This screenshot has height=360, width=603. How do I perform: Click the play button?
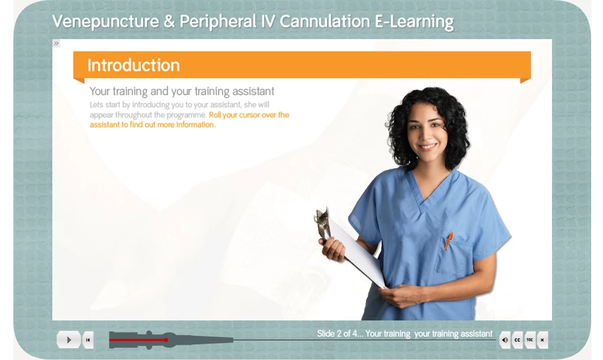(68, 340)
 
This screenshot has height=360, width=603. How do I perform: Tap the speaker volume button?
(505, 340)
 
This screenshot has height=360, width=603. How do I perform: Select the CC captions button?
(517, 340)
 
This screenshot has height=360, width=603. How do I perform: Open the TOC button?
(530, 340)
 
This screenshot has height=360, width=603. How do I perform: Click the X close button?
(542, 340)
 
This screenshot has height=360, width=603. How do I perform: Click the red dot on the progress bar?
(166, 340)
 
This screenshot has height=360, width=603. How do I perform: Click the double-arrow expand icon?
(56, 43)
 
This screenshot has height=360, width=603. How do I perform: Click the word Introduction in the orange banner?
(133, 66)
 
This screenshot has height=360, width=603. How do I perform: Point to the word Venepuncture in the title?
(105, 21)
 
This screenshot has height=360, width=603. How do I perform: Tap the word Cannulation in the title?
(324, 21)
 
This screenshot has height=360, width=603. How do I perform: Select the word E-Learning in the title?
(414, 22)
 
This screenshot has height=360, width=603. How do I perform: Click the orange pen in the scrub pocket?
(448, 241)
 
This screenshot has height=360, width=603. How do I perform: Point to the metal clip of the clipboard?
(324, 223)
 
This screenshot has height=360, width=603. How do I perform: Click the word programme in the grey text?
(186, 115)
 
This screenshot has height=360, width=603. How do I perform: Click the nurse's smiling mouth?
(428, 147)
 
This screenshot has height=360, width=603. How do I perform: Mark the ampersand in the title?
(170, 21)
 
